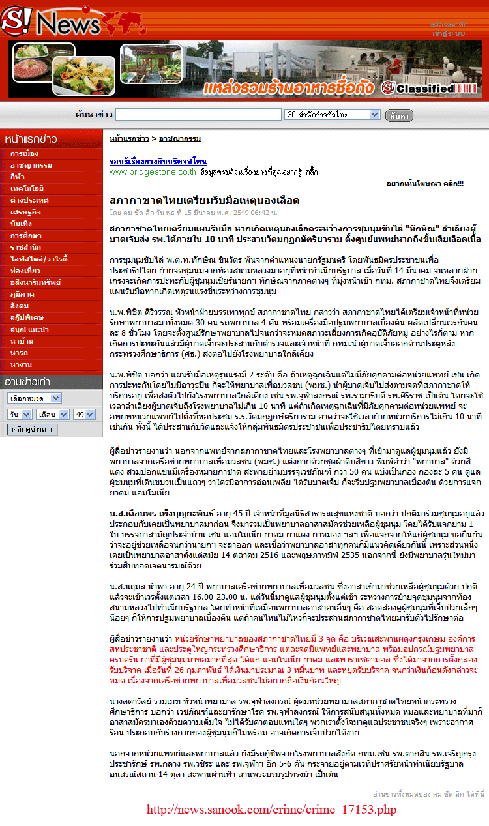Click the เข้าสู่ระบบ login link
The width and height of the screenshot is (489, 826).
click(449, 33)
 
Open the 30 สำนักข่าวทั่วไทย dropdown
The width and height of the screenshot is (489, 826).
click(333, 115)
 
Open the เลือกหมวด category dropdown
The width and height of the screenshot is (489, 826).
click(35, 398)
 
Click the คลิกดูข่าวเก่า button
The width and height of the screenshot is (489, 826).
click(33, 429)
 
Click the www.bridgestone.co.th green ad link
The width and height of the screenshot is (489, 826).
click(153, 172)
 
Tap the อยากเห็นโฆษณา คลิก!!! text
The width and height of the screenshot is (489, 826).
click(424, 184)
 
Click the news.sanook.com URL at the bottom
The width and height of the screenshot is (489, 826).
click(271, 810)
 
